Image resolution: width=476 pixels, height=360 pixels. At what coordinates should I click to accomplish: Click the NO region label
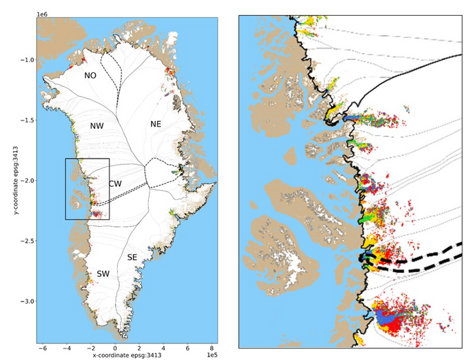[90, 76]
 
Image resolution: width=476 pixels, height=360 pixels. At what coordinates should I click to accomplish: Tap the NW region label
[96, 126]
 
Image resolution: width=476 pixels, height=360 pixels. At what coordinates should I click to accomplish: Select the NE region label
[155, 124]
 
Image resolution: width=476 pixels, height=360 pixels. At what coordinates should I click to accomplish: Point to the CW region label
[115, 184]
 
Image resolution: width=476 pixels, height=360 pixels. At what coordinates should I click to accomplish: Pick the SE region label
[133, 257]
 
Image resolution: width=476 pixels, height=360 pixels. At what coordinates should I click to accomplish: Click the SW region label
[103, 274]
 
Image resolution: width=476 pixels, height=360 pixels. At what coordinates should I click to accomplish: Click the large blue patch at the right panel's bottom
[390, 316]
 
